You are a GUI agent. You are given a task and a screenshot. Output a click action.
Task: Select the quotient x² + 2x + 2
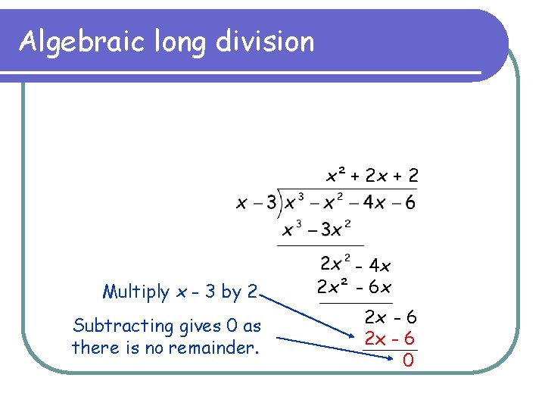(x=371, y=176)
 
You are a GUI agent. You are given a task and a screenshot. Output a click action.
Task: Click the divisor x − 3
(x=256, y=203)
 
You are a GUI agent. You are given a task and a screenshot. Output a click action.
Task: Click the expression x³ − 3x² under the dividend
(x=316, y=228)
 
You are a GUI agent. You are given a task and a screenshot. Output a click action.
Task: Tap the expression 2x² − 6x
(x=354, y=288)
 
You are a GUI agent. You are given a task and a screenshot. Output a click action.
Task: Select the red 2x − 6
(x=391, y=338)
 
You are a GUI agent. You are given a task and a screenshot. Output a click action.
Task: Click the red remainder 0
(x=408, y=361)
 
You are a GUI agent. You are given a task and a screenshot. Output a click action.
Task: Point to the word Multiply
(x=136, y=292)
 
